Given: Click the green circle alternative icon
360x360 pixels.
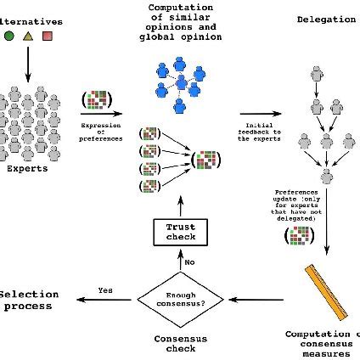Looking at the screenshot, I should [8, 36].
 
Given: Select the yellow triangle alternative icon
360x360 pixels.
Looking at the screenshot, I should [27, 36].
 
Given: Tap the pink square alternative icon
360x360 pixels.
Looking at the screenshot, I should [48, 36].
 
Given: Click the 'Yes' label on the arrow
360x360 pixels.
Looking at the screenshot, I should [105, 290].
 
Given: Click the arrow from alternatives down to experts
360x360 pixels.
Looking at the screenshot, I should [28, 63].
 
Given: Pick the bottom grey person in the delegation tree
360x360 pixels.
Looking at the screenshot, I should [325, 177].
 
